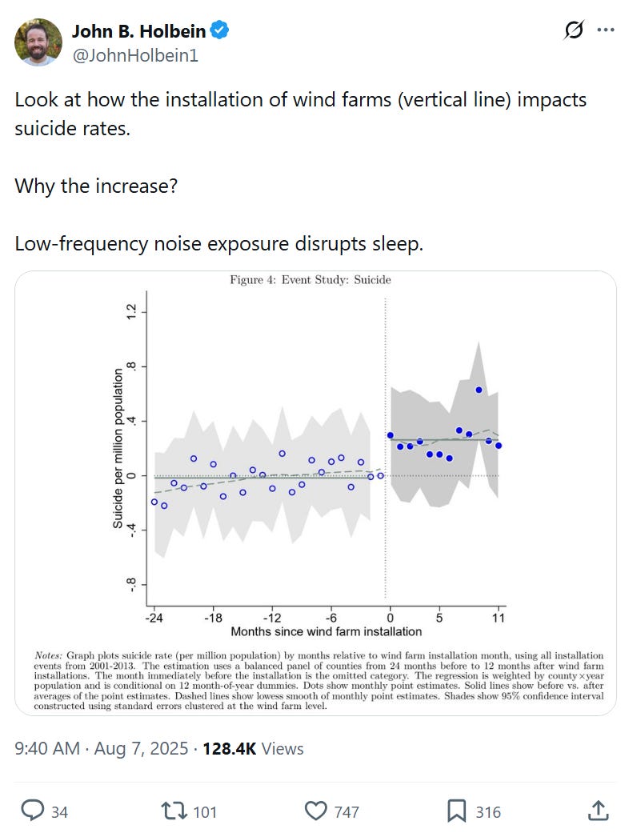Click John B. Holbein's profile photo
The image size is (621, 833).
[x=38, y=42]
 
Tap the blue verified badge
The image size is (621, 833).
[x=220, y=31]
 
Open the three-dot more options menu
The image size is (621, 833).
[x=605, y=31]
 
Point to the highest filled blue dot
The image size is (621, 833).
[x=479, y=390]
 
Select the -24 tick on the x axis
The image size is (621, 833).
[x=154, y=618]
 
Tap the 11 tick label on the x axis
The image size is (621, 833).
[x=498, y=618]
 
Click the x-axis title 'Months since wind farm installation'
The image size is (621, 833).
[x=327, y=631]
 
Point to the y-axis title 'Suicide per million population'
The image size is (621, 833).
[x=118, y=447]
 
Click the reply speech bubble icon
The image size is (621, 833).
[x=32, y=811]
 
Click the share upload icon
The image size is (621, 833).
[x=598, y=811]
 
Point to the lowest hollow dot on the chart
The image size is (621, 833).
[x=164, y=506]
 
